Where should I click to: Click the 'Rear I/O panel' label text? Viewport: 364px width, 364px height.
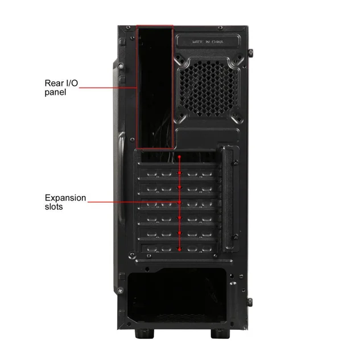point(61,88)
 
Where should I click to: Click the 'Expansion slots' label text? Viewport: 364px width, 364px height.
point(65,202)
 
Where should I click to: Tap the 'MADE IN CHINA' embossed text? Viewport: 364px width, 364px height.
point(208,42)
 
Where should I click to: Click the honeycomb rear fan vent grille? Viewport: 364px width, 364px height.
point(208,89)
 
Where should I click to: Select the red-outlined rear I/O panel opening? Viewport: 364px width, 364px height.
point(155,86)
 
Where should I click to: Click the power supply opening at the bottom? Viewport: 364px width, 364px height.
point(177,295)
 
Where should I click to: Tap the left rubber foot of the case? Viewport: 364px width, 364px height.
point(144,333)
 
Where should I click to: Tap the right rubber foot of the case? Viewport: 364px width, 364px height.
point(220,333)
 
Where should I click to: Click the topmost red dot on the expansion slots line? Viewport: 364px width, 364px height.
point(180,157)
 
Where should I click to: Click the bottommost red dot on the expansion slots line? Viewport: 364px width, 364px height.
point(180,249)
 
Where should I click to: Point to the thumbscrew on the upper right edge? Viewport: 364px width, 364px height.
point(250,53)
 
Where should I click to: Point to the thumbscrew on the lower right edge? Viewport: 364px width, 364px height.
point(250,302)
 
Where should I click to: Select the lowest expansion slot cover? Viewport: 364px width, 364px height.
point(179,249)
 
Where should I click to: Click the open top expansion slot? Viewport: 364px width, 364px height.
point(178,157)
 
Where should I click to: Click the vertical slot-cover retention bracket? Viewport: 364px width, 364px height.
point(230,198)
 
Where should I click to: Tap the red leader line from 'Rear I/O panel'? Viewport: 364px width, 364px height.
point(107,88)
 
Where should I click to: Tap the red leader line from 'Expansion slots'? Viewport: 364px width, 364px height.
point(134,202)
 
